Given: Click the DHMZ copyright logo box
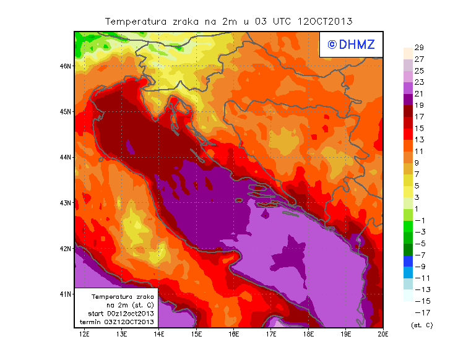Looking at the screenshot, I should (350, 45).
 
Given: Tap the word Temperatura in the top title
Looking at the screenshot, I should (136, 21).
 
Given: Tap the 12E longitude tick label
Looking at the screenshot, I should (85, 334).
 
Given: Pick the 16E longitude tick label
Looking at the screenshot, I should (234, 334).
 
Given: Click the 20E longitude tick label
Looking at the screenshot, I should (383, 334).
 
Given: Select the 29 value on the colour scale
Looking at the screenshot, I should (418, 48).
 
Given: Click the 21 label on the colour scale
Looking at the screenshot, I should (418, 93).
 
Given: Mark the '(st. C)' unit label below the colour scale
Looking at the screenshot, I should (421, 325).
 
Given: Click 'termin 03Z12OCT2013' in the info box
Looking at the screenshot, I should (117, 322).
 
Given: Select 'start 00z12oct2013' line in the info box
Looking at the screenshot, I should (117, 314).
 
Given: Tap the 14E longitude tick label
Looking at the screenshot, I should (159, 334).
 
